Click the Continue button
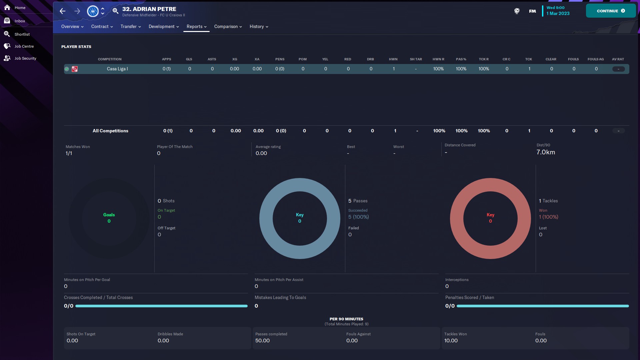pyautogui.click(x=610, y=11)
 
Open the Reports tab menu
pyautogui.click(x=196, y=27)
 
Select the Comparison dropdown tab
pyautogui.click(x=228, y=27)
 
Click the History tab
pyautogui.click(x=259, y=27)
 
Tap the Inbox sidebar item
pyautogui.click(x=20, y=21)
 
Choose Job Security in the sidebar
pyautogui.click(x=25, y=58)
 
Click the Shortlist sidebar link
pyautogui.click(x=22, y=34)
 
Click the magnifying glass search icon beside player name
pyautogui.click(x=115, y=11)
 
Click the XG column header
pyautogui.click(x=235, y=59)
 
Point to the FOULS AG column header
pyautogui.click(x=595, y=59)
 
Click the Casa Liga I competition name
pyautogui.click(x=117, y=69)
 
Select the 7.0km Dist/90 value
pyautogui.click(x=546, y=152)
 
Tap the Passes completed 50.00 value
pyautogui.click(x=262, y=341)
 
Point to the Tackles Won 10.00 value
pyautogui.click(x=451, y=341)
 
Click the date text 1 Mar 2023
pyautogui.click(x=558, y=14)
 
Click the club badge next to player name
pyautogui.click(x=93, y=11)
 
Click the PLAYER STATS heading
pyautogui.click(x=76, y=47)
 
